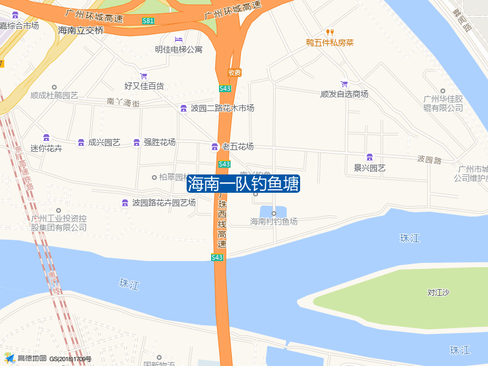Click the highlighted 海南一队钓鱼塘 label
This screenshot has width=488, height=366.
coord(243,184)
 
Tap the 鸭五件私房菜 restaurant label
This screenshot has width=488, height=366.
coord(330,43)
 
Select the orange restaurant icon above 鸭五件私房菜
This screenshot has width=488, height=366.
coord(330,32)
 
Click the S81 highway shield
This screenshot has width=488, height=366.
coord(148,21)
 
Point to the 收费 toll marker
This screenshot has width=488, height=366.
coord(235,73)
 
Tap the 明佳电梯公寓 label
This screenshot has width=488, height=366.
coord(179,49)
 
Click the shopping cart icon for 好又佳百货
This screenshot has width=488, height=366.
coord(143,76)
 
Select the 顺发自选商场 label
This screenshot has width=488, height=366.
coord(344,94)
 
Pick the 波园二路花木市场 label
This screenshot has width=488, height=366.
coord(222,109)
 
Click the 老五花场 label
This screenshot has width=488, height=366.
coord(237,146)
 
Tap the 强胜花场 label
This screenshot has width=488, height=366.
coord(159,142)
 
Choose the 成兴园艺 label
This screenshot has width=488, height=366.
coord(104,142)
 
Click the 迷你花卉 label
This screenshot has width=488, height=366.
coord(46,148)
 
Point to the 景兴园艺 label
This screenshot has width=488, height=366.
coord(370,168)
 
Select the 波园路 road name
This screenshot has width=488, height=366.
coord(429,160)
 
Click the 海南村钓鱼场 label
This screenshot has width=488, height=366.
coord(274,221)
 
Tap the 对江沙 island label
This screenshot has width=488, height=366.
coord(438,293)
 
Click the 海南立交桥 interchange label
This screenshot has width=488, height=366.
coord(81,30)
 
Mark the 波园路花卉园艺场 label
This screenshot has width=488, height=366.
coord(163,203)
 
